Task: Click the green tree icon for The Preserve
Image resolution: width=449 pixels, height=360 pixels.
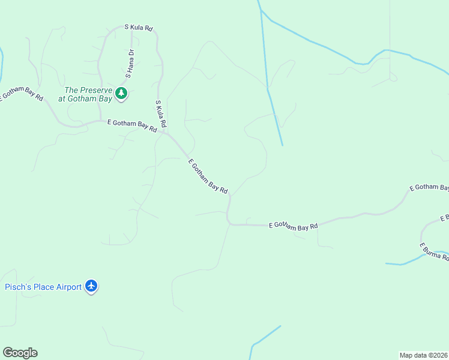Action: [122, 93]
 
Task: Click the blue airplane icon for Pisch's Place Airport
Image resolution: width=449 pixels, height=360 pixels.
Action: [91, 286]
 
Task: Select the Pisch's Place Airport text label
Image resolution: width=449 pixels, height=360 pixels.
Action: [43, 287]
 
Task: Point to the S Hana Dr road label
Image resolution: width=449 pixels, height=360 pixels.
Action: [130, 64]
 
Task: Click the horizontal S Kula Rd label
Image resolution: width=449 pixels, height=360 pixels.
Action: [139, 28]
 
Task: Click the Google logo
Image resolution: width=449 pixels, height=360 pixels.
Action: [20, 353]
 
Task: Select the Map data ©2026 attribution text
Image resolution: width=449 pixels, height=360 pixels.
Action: [423, 355]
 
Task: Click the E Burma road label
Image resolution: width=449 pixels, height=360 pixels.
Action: [433, 251]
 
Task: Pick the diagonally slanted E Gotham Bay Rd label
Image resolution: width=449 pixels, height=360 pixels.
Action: [208, 176]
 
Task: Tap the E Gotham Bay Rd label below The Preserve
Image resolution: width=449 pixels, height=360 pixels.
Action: [132, 125]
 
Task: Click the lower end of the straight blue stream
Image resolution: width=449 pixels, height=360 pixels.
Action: [282, 144]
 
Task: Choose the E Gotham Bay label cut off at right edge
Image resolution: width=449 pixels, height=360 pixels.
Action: [429, 188]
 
